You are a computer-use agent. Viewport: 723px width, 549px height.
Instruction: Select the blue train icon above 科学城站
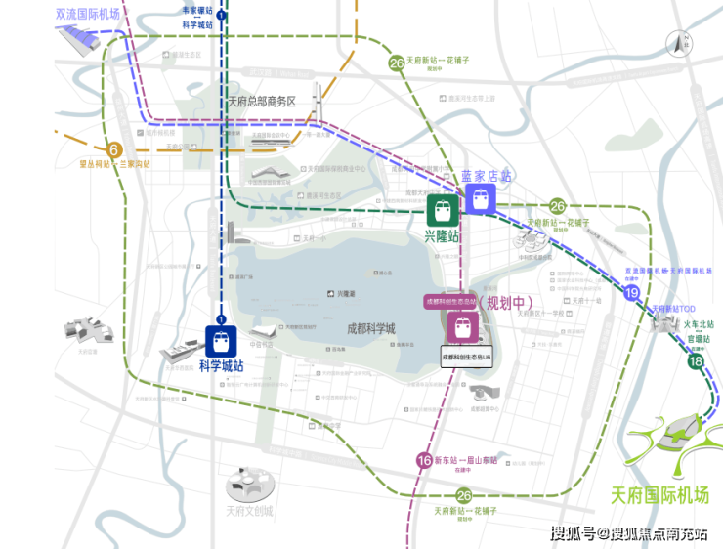[x=222, y=341]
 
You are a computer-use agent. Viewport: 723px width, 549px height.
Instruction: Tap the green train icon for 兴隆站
[x=443, y=210]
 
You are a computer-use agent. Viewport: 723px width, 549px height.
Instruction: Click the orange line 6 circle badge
[x=114, y=149]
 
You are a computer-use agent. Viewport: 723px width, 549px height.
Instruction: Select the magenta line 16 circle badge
[x=424, y=460]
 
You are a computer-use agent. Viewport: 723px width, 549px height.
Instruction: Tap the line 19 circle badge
[x=633, y=292]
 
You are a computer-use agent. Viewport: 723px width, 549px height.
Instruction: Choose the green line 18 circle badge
[x=696, y=362]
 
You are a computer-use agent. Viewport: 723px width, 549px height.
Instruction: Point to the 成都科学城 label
[x=371, y=329]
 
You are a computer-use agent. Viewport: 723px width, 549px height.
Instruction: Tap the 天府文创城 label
[x=249, y=511]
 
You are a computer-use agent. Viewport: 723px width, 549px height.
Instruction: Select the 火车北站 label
[x=699, y=324]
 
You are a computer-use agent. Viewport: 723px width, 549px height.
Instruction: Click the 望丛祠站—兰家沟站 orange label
[x=115, y=164]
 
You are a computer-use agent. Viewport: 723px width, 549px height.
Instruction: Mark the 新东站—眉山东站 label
[x=465, y=460]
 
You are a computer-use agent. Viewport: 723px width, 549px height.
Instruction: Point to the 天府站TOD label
[x=665, y=309]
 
